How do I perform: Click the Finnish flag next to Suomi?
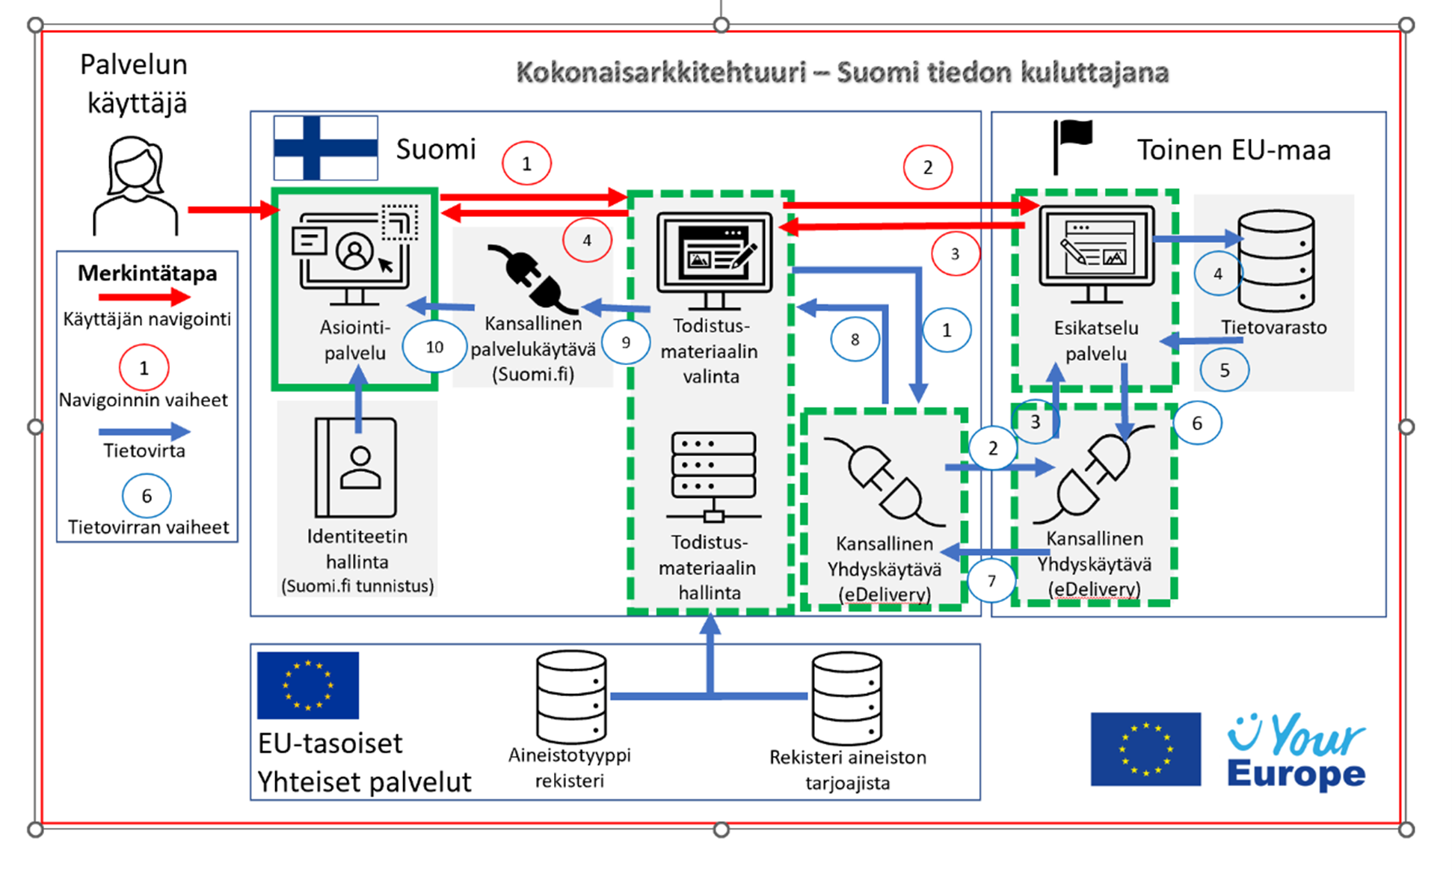tap(325, 147)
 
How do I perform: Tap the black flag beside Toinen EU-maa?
tap(1073, 146)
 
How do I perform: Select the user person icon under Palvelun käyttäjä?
tap(135, 185)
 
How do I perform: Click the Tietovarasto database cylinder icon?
tap(1276, 260)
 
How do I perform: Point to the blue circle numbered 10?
tap(434, 347)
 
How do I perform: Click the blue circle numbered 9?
tap(626, 343)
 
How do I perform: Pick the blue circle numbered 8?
tap(855, 340)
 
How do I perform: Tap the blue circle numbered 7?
tap(991, 581)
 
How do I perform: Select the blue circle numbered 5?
tap(1224, 369)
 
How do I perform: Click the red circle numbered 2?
tap(927, 168)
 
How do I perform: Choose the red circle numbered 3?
tap(955, 254)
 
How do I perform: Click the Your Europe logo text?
tap(1296, 752)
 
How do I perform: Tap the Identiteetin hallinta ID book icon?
tap(356, 467)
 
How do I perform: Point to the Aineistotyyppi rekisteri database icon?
tap(571, 696)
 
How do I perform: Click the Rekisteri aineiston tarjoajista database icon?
tap(846, 697)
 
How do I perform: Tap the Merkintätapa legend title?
tap(147, 273)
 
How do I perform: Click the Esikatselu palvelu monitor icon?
tap(1096, 254)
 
